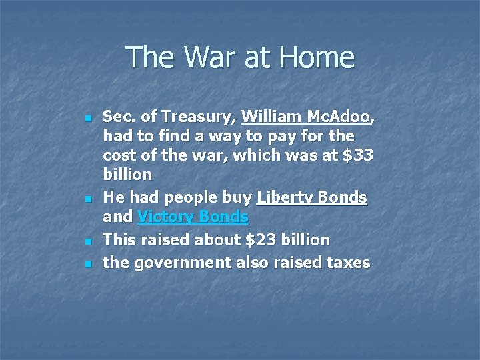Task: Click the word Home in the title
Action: (x=319, y=57)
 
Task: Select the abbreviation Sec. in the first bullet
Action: (x=119, y=117)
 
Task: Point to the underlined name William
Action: (x=272, y=117)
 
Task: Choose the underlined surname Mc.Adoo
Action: (x=340, y=117)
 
